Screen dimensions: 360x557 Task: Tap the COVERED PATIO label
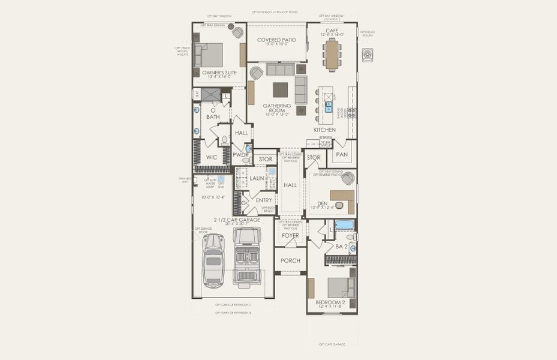tap(276, 40)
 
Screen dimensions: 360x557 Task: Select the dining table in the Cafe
tap(332, 55)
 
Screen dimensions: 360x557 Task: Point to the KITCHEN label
tap(324, 130)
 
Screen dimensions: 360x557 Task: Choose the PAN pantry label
tap(342, 155)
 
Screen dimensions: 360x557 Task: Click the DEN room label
tap(322, 203)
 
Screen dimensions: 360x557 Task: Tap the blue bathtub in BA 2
tap(344, 225)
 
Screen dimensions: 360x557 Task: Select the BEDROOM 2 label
tap(330, 302)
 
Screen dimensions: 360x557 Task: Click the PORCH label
tap(290, 261)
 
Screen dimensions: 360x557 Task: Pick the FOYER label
tap(290, 236)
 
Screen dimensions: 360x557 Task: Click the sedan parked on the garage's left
tap(213, 260)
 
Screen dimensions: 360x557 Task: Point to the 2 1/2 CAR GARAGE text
tap(234, 220)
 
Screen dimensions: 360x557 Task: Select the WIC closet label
tap(212, 157)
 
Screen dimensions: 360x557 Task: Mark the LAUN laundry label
tap(257, 178)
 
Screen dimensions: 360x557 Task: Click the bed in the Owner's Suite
tap(210, 55)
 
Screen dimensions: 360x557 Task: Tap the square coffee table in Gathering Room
tap(280, 89)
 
